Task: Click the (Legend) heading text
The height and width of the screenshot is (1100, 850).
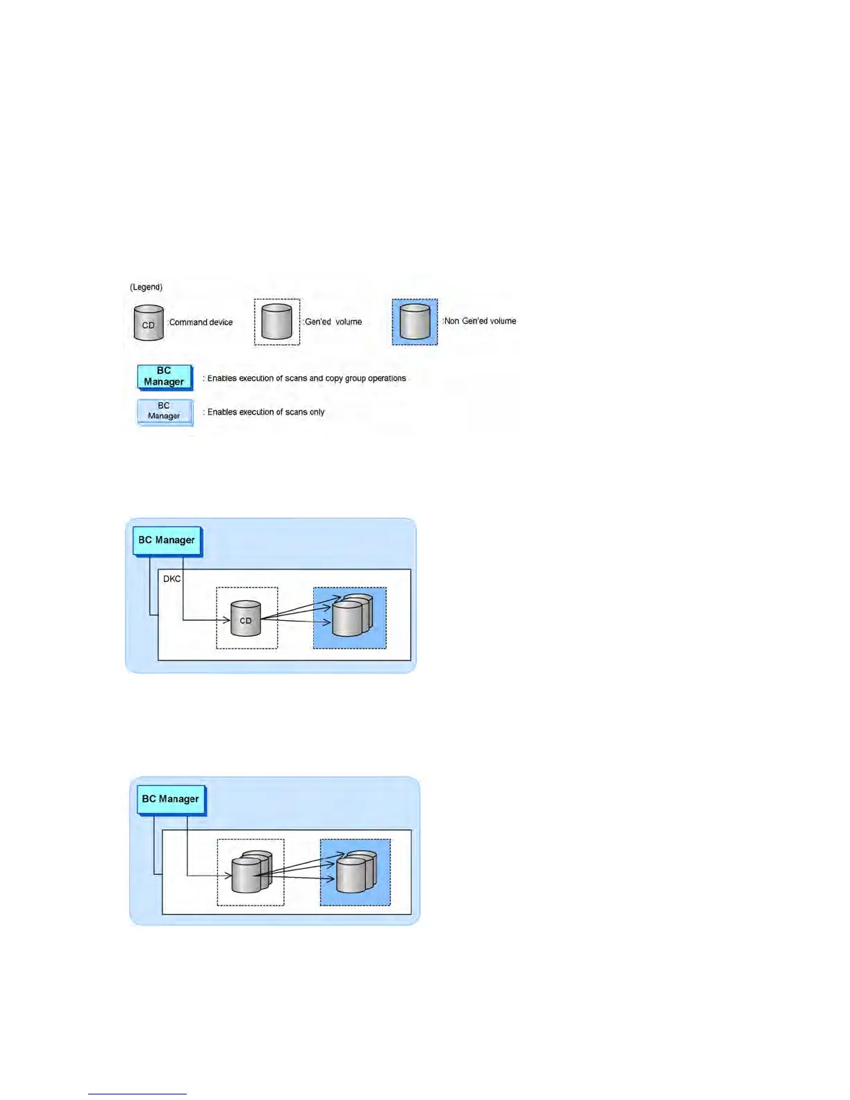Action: point(146,287)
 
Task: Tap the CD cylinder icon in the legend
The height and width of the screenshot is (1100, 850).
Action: point(148,323)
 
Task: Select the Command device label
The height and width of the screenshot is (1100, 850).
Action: point(201,322)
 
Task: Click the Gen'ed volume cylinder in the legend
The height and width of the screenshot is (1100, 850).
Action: point(276,322)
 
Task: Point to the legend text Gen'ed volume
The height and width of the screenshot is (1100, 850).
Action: point(333,322)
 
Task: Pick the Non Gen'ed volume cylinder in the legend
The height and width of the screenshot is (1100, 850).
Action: point(415,322)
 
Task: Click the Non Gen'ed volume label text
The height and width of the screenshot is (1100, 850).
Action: point(480,321)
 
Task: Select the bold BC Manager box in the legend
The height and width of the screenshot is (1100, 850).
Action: point(164,376)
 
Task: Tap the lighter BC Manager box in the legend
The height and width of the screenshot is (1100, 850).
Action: point(164,411)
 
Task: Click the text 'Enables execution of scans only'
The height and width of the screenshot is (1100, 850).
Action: point(266,412)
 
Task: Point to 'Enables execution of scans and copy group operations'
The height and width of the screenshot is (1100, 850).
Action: point(306,378)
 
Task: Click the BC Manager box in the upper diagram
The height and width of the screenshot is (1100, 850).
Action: point(167,540)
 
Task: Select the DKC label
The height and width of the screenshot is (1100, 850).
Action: point(172,578)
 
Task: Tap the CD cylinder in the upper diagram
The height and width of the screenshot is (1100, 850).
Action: point(245,618)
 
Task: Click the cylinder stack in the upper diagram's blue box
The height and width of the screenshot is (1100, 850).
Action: point(351,616)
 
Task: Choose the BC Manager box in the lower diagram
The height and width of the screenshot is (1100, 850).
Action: point(170,799)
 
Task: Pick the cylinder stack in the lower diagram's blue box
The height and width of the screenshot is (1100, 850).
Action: point(355,872)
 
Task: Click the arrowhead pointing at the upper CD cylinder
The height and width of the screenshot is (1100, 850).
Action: point(226,620)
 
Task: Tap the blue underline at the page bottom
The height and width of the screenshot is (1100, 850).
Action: point(137,1094)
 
